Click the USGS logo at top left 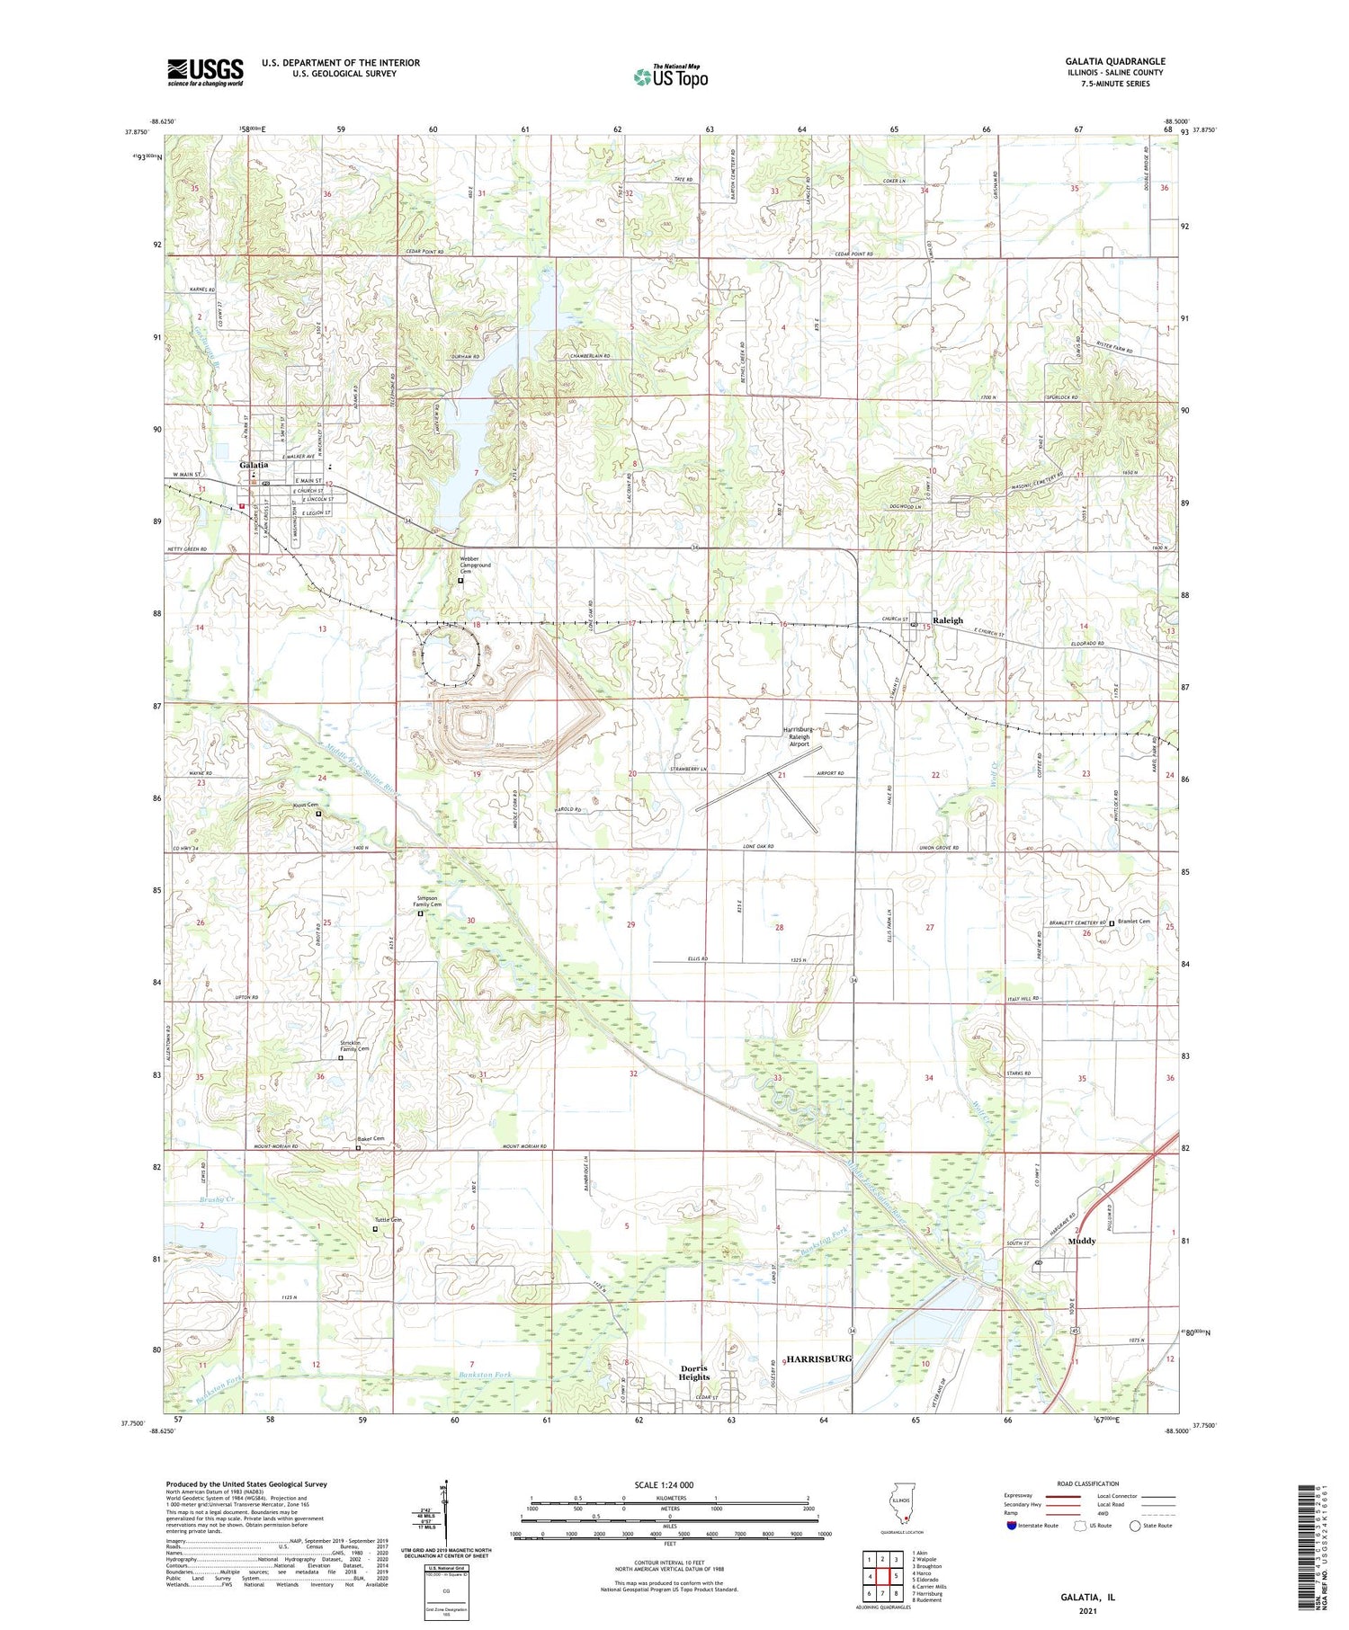205,72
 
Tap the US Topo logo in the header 670,76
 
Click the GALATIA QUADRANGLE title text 1114,61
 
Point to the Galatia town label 254,464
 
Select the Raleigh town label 948,620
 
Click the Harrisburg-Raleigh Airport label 799,736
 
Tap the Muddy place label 1081,1241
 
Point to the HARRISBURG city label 818,1358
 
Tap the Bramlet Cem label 1134,922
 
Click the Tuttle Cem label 388,1220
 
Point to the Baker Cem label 371,1139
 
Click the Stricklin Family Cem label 354,1046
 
